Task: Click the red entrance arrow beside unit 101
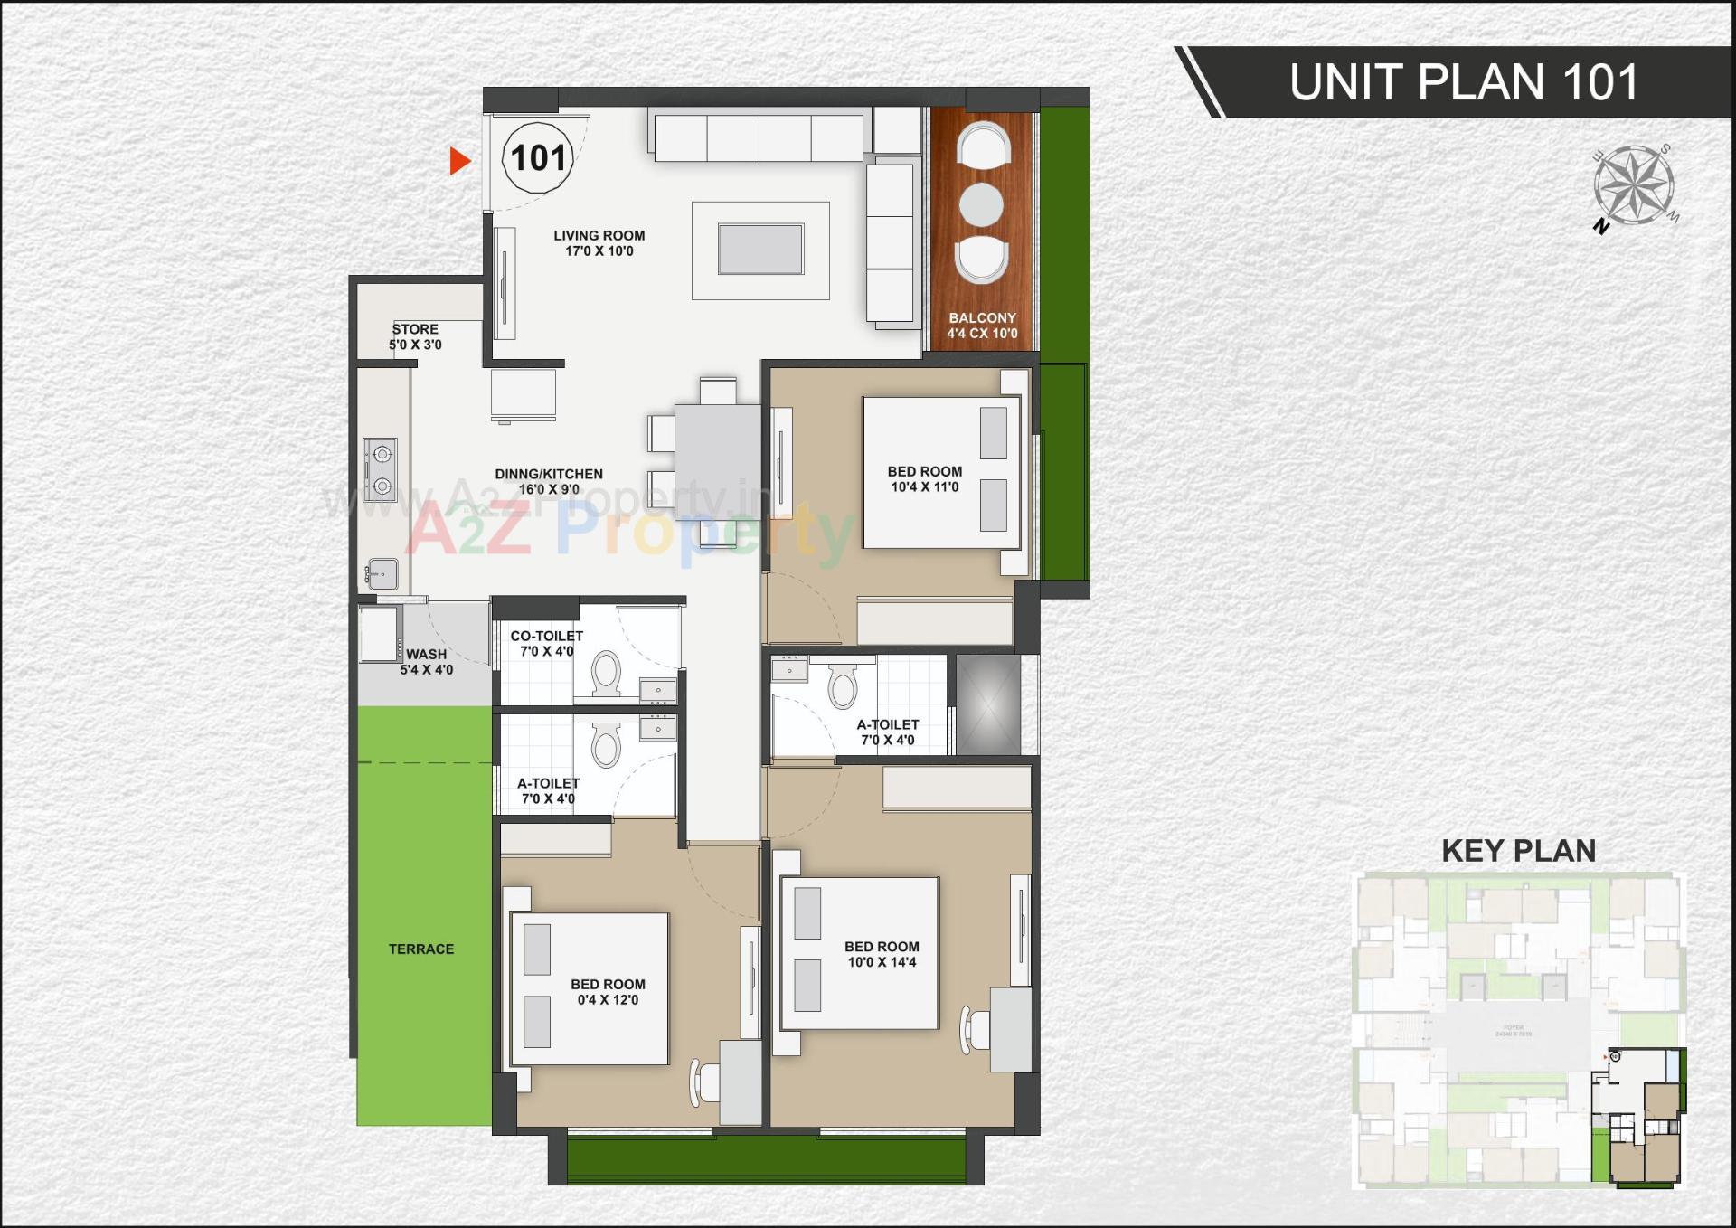(460, 161)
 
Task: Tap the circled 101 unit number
(538, 158)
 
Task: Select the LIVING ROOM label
(599, 235)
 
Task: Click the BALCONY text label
(982, 318)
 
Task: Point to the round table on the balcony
(981, 204)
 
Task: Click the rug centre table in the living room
(760, 249)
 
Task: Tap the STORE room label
(415, 329)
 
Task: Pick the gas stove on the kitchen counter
(381, 469)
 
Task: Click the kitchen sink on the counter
(382, 573)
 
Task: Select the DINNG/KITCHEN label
(548, 474)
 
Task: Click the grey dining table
(718, 449)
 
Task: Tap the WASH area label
(426, 654)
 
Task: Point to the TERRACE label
(421, 949)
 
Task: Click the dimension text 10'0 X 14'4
(882, 962)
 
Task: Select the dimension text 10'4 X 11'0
(924, 486)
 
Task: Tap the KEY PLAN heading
(1518, 851)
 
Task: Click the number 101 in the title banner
(1600, 82)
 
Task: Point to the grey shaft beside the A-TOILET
(987, 704)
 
